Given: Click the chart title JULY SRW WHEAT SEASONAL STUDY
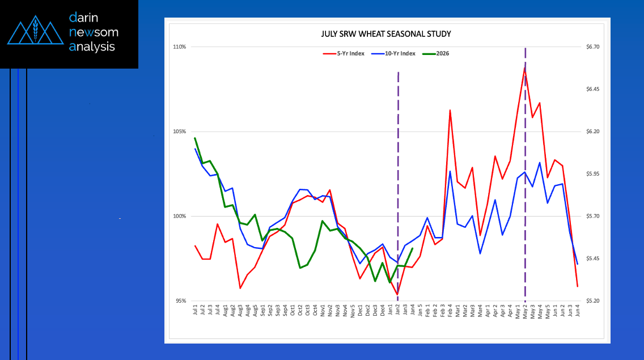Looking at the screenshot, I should (x=386, y=34).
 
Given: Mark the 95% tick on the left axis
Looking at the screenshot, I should (x=180, y=301).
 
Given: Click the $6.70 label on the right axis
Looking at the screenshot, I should (x=593, y=46).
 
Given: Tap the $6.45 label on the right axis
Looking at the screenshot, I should (x=593, y=89).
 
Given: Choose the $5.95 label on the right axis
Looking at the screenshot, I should (x=593, y=174).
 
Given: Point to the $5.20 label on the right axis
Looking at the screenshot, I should (x=593, y=301).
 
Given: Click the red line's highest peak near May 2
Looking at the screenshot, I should (x=525, y=68).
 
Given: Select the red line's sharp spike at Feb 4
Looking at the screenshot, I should (x=450, y=110).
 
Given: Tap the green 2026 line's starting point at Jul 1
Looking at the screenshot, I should (x=195, y=138).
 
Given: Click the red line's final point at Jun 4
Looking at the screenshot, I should (x=577, y=286).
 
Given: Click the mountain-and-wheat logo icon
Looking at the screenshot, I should (x=35, y=33).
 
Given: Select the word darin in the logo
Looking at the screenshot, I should (x=86, y=18).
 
